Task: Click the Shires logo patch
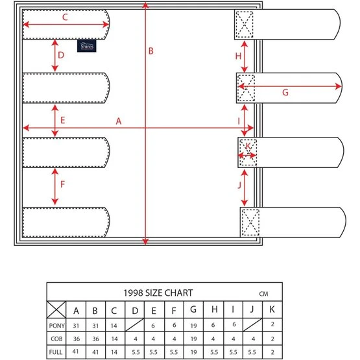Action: (x=86, y=46)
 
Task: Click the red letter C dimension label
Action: (x=65, y=18)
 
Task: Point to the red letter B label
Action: (x=151, y=51)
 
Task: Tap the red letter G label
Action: (x=285, y=93)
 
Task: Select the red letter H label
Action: (x=238, y=56)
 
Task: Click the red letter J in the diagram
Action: (x=239, y=185)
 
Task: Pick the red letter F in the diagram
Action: (x=62, y=184)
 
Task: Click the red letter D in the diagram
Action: (x=61, y=55)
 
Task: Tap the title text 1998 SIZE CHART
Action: (x=158, y=293)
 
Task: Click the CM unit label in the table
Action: (x=263, y=294)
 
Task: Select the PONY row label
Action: (x=56, y=326)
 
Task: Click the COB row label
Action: (x=56, y=339)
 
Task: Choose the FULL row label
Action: (x=56, y=352)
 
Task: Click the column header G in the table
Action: (x=193, y=309)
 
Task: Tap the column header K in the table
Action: (x=272, y=309)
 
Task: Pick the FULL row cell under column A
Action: (x=75, y=352)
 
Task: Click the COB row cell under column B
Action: (x=96, y=339)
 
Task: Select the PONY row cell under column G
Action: (x=193, y=326)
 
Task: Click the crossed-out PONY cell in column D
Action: (x=135, y=325)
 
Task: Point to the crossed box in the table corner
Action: (x=56, y=309)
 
